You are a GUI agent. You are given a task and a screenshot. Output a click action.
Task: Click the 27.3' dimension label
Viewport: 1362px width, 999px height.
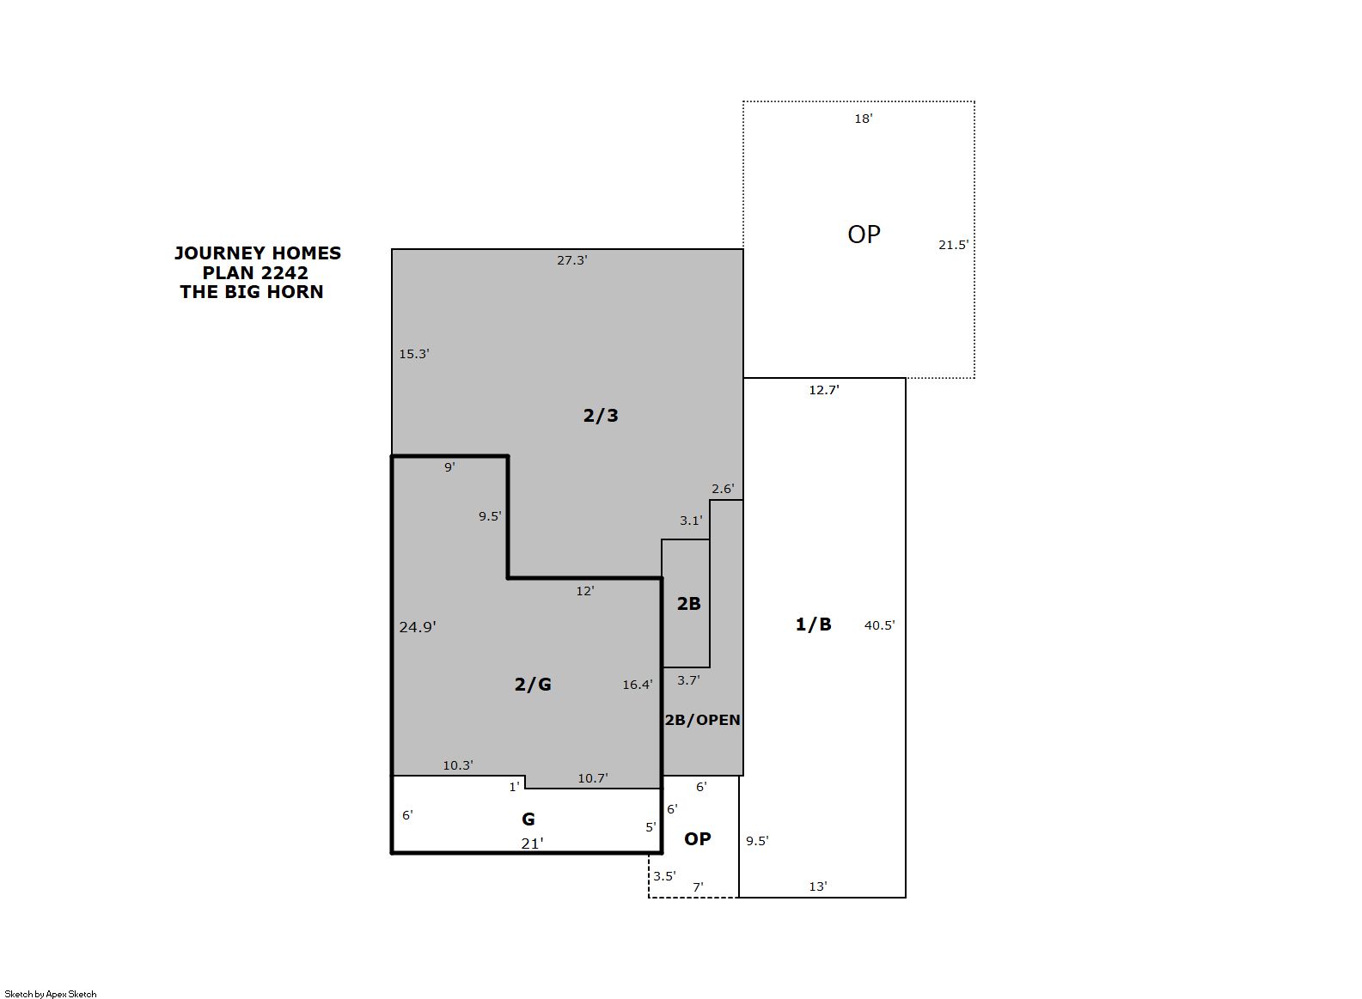(572, 260)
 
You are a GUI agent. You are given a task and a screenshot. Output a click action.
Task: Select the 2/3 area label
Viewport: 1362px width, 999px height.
(601, 416)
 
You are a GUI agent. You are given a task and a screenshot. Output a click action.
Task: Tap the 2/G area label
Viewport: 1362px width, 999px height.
(533, 685)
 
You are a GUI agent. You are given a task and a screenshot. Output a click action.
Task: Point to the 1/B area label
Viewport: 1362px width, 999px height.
(814, 624)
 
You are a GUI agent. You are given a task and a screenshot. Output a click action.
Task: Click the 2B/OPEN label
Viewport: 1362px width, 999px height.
(702, 720)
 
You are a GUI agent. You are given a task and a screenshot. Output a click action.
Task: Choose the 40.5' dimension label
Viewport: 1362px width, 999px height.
(880, 625)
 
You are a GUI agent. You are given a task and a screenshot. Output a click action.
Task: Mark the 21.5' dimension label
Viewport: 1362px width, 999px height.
(954, 245)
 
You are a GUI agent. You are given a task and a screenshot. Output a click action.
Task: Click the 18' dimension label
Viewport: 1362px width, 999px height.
(864, 119)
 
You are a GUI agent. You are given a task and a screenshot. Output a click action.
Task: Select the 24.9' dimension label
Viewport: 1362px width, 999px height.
(418, 627)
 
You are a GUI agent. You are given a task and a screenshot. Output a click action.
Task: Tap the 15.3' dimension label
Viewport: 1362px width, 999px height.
(414, 354)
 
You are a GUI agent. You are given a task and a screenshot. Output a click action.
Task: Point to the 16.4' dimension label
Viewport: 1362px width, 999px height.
(638, 685)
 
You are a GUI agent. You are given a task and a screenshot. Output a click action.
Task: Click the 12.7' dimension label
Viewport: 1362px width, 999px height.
(824, 390)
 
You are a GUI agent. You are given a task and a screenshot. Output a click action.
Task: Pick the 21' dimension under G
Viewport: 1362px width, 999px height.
(532, 844)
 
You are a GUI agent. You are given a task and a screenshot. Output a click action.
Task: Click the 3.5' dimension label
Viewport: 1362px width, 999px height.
(664, 876)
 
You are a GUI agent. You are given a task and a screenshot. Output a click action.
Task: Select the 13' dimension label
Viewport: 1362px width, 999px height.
(818, 886)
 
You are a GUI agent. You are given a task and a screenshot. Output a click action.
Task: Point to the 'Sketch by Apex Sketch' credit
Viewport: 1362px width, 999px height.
(51, 994)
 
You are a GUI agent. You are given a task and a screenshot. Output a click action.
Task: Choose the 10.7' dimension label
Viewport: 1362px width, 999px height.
(593, 778)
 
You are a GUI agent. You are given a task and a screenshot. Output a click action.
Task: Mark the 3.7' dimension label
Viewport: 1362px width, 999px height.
(688, 680)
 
